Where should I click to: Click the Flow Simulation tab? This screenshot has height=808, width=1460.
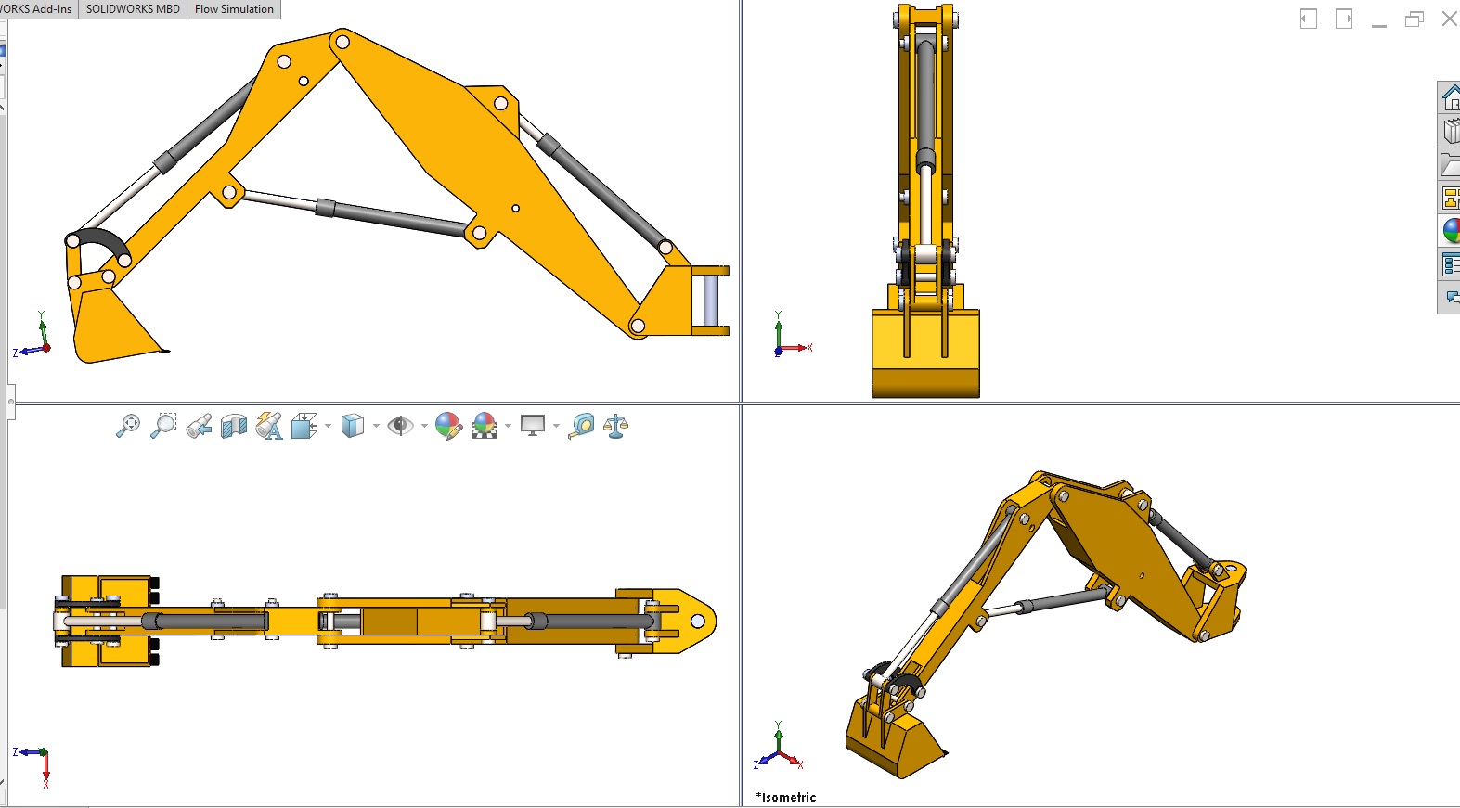click(x=234, y=9)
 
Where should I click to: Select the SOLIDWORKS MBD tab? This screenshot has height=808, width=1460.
click(x=133, y=9)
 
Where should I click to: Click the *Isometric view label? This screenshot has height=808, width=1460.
click(x=786, y=797)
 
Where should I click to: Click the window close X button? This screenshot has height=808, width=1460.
click(x=1449, y=19)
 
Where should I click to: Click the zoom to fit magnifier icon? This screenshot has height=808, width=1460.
click(x=128, y=426)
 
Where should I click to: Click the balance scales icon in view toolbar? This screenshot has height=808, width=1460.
click(x=615, y=426)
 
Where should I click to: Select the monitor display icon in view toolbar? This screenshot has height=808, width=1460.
click(x=533, y=426)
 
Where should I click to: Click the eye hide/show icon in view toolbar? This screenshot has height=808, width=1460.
click(x=400, y=426)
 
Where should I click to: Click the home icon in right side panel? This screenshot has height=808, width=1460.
click(x=1450, y=97)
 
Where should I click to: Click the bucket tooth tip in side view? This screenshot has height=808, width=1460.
click(x=165, y=351)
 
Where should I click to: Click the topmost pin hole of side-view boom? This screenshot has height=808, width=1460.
click(x=342, y=42)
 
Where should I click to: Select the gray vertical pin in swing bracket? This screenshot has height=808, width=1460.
click(x=710, y=300)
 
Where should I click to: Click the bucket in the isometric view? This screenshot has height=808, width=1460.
click(x=891, y=742)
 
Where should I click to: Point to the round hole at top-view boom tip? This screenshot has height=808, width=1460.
click(x=698, y=621)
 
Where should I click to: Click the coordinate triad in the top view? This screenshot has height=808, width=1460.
click(x=37, y=761)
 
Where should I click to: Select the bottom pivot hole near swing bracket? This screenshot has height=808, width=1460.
click(x=638, y=326)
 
